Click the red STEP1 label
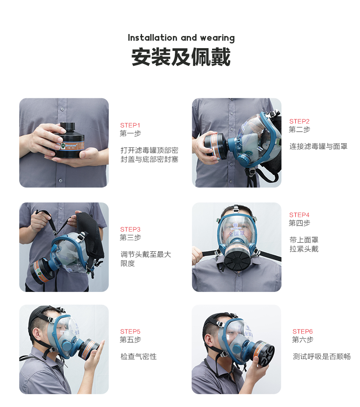click(130, 125)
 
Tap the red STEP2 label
click(299, 121)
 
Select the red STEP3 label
click(130, 229)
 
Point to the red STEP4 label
click(299, 215)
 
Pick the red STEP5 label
click(130, 331)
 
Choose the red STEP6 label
click(302, 331)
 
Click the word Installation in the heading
click(153, 38)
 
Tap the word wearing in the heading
click(218, 38)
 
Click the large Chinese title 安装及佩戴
click(181, 57)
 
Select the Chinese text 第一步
click(130, 133)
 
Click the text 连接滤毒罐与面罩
click(319, 146)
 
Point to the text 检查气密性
click(139, 357)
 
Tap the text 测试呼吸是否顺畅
click(322, 357)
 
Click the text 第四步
click(299, 223)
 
